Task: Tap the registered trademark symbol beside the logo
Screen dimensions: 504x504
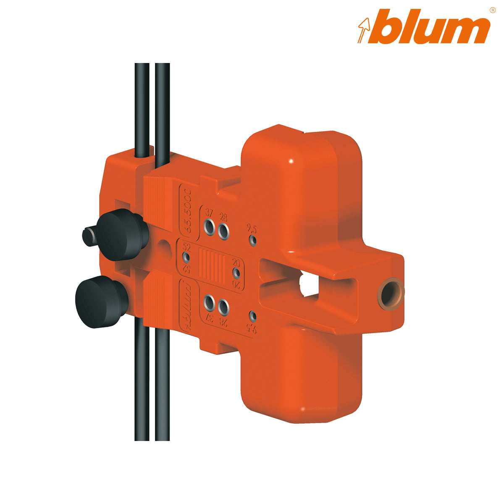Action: (x=492, y=10)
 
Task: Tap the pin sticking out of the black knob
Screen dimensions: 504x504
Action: (x=90, y=235)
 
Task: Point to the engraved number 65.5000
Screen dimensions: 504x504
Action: (x=187, y=212)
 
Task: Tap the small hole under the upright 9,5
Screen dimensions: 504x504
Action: (x=252, y=240)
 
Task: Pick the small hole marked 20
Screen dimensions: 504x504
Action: (x=236, y=273)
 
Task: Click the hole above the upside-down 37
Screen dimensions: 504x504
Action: (x=209, y=301)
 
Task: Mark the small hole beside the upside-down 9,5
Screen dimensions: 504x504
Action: (x=252, y=315)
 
